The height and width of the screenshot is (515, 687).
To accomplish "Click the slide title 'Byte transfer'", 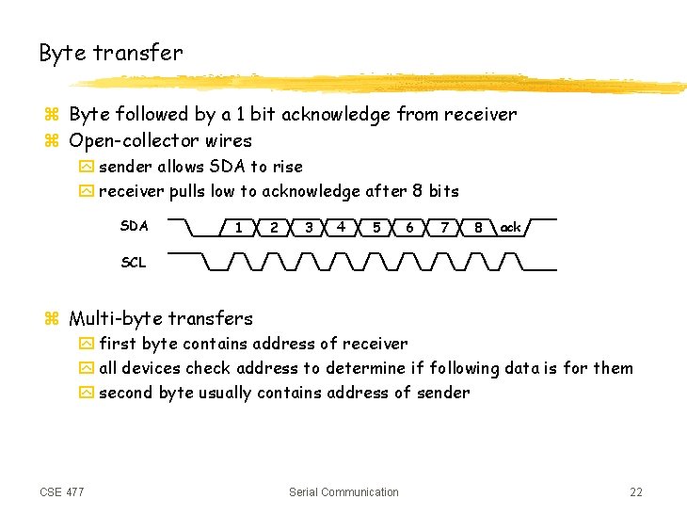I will coord(111,54).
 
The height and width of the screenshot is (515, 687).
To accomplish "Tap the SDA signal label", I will coord(135,226).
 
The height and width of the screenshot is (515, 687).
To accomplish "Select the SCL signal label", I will coord(134,263).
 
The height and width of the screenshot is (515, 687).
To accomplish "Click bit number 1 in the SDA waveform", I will coord(239,227).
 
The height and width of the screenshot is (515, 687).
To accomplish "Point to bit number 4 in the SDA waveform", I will coord(341,227).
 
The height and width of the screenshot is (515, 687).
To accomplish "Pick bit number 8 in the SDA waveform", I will coord(478,227).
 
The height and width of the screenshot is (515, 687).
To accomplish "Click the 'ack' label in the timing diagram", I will coord(510,227).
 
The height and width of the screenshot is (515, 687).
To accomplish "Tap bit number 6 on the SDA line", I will coord(409,227).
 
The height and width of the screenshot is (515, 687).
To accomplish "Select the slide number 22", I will coord(636,491).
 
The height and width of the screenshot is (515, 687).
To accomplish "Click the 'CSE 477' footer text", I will coord(62,491).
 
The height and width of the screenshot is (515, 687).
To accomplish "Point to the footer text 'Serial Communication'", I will coord(343,491).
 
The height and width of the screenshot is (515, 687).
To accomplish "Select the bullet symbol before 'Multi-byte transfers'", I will coord(52,319).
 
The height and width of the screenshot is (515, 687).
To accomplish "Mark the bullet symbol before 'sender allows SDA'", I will coord(86,168).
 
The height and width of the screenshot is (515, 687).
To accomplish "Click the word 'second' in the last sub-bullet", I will coord(125,393).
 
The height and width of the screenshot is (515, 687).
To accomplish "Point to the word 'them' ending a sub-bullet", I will coord(612,368).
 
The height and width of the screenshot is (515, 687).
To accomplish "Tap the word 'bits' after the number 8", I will coord(443,191).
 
